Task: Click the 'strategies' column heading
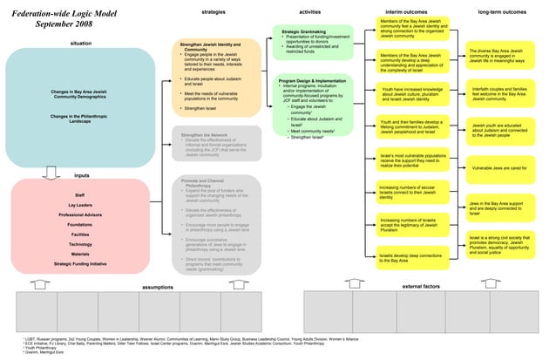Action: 215,12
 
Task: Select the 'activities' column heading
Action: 310,12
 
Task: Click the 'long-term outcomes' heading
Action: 502,12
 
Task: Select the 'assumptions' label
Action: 157,286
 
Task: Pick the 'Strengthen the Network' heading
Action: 206,135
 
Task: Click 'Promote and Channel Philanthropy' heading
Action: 207,182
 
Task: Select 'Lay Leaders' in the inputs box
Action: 80,205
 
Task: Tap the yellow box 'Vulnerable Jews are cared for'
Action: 499,166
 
